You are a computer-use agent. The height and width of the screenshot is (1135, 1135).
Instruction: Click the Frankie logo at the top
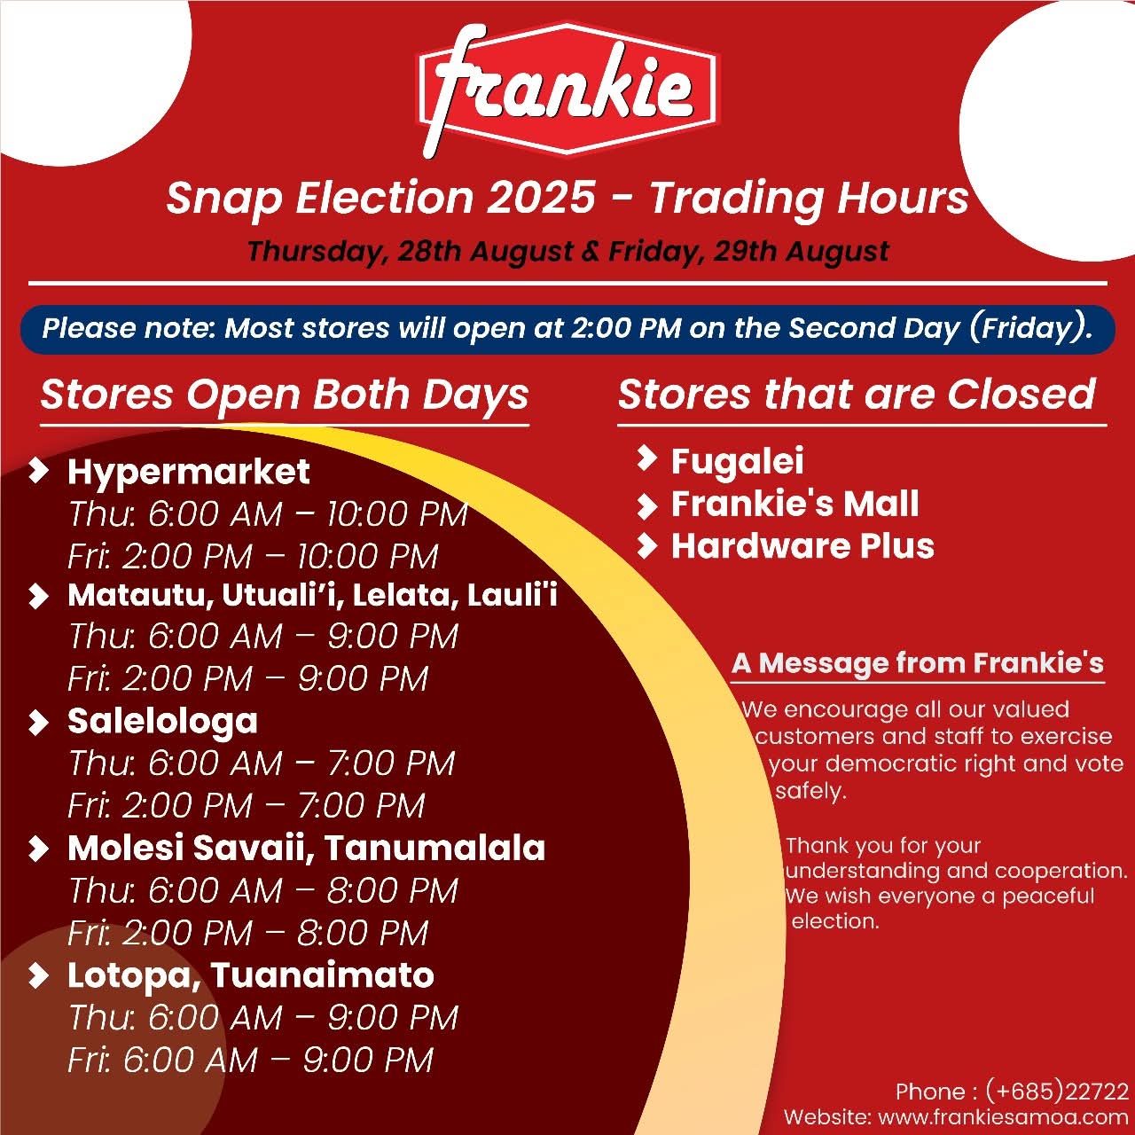(567, 90)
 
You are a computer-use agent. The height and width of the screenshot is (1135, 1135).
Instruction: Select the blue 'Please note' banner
(567, 329)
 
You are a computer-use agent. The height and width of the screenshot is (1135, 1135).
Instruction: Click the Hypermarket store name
(189, 473)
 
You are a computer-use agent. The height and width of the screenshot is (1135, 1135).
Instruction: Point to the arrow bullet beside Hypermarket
(39, 472)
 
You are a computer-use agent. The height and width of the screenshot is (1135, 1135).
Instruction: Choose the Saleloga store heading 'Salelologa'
(162, 722)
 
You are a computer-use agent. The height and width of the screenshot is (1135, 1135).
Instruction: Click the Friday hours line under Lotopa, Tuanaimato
(250, 1061)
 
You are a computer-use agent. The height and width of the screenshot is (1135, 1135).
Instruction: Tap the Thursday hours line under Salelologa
(262, 763)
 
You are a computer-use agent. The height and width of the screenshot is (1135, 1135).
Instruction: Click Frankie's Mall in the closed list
(795, 504)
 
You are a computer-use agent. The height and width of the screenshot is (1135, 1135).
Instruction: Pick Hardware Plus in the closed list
(802, 546)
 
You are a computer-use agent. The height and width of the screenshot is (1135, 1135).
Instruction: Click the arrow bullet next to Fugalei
(646, 458)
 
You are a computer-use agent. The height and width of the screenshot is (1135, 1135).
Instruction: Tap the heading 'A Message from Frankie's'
(918, 663)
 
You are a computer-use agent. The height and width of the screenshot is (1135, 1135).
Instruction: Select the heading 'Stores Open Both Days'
(285, 395)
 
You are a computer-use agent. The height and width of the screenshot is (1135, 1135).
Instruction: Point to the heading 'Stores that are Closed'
(857, 394)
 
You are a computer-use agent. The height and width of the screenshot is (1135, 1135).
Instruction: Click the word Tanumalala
(434, 849)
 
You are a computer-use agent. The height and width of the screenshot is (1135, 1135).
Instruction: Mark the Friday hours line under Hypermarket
(253, 557)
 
